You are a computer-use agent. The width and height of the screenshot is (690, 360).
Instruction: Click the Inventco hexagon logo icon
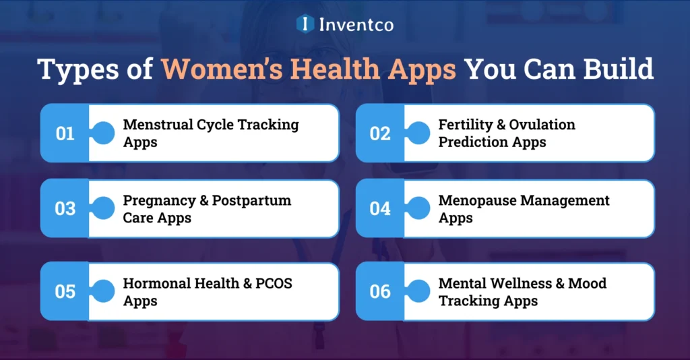pos(305,24)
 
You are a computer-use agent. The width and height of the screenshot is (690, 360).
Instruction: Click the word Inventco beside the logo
pos(356,25)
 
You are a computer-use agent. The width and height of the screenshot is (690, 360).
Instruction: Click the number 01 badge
pos(65,133)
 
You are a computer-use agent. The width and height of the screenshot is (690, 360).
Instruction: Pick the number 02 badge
pos(380,133)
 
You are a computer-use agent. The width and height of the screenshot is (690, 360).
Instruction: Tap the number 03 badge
pos(65,209)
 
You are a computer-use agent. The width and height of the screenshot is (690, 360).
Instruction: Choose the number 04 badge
pos(380,209)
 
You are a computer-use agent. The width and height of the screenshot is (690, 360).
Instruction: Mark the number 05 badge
pos(65,291)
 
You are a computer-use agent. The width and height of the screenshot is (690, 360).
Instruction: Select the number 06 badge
pos(380,291)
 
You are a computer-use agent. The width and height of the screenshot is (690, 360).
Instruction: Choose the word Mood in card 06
pos(587,283)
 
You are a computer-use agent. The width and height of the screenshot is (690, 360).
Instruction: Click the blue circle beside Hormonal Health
pos(103,291)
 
